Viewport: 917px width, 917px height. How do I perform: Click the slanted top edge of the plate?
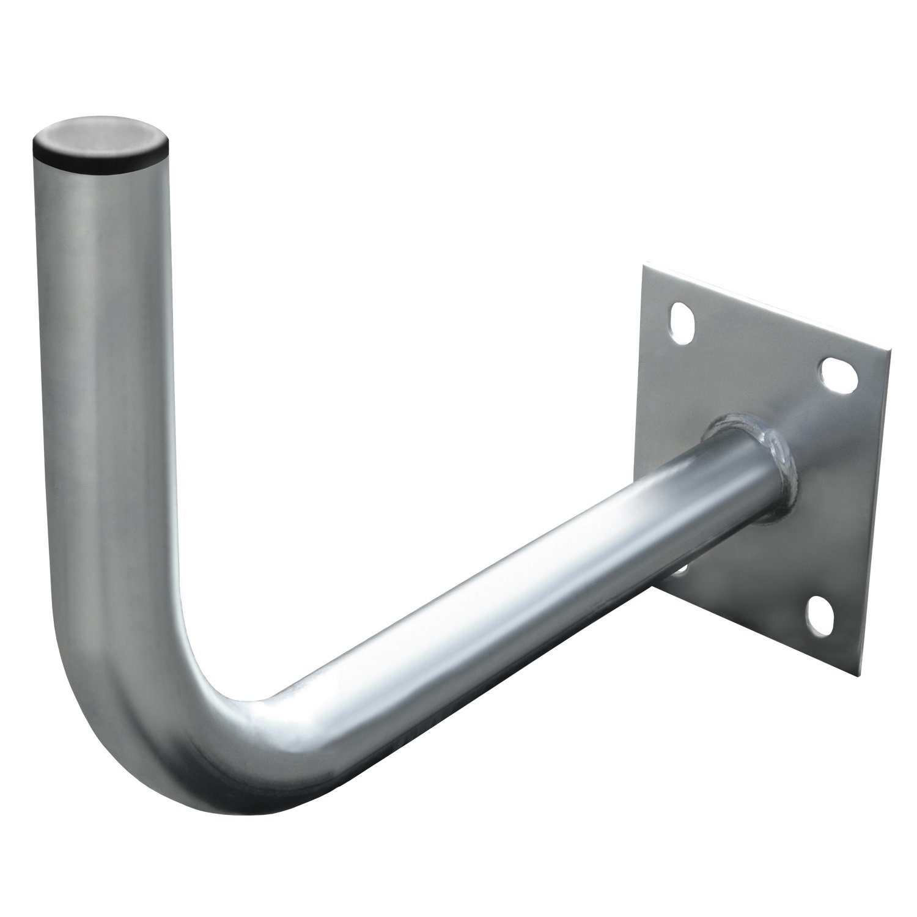[764, 309]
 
